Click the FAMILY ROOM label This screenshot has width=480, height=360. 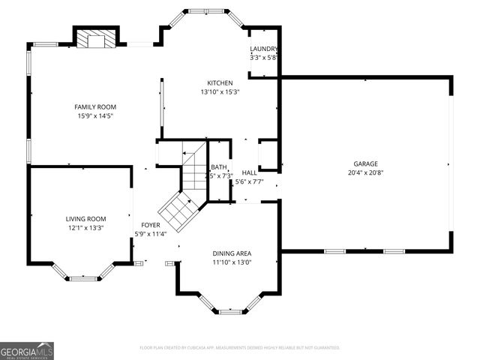pos(96,107)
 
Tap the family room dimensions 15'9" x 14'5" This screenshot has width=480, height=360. pos(96,116)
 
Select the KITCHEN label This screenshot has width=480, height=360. pos(220,83)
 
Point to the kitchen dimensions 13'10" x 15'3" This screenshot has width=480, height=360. pos(220,92)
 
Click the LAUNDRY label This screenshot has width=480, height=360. pos(264,49)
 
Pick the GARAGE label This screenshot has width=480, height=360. pos(366,163)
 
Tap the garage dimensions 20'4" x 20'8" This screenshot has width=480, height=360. pos(366,172)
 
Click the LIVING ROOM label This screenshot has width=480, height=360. pos(85,218)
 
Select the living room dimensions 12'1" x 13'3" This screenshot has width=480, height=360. pos(85,227)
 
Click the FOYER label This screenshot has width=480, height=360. pos(151,225)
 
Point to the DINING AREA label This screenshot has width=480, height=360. pos(232,253)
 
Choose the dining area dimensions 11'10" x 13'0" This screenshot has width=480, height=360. pos(232,262)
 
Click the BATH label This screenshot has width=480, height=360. pos(219,167)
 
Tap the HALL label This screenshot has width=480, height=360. pos(249,172)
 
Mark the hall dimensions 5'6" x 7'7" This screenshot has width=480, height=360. pos(249,181)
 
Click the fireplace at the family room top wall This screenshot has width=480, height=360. pos(96,38)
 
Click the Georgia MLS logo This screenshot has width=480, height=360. pos(27,350)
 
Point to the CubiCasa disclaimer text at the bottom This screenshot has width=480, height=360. pos(240,348)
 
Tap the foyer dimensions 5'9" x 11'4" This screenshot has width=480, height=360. pos(151,234)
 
